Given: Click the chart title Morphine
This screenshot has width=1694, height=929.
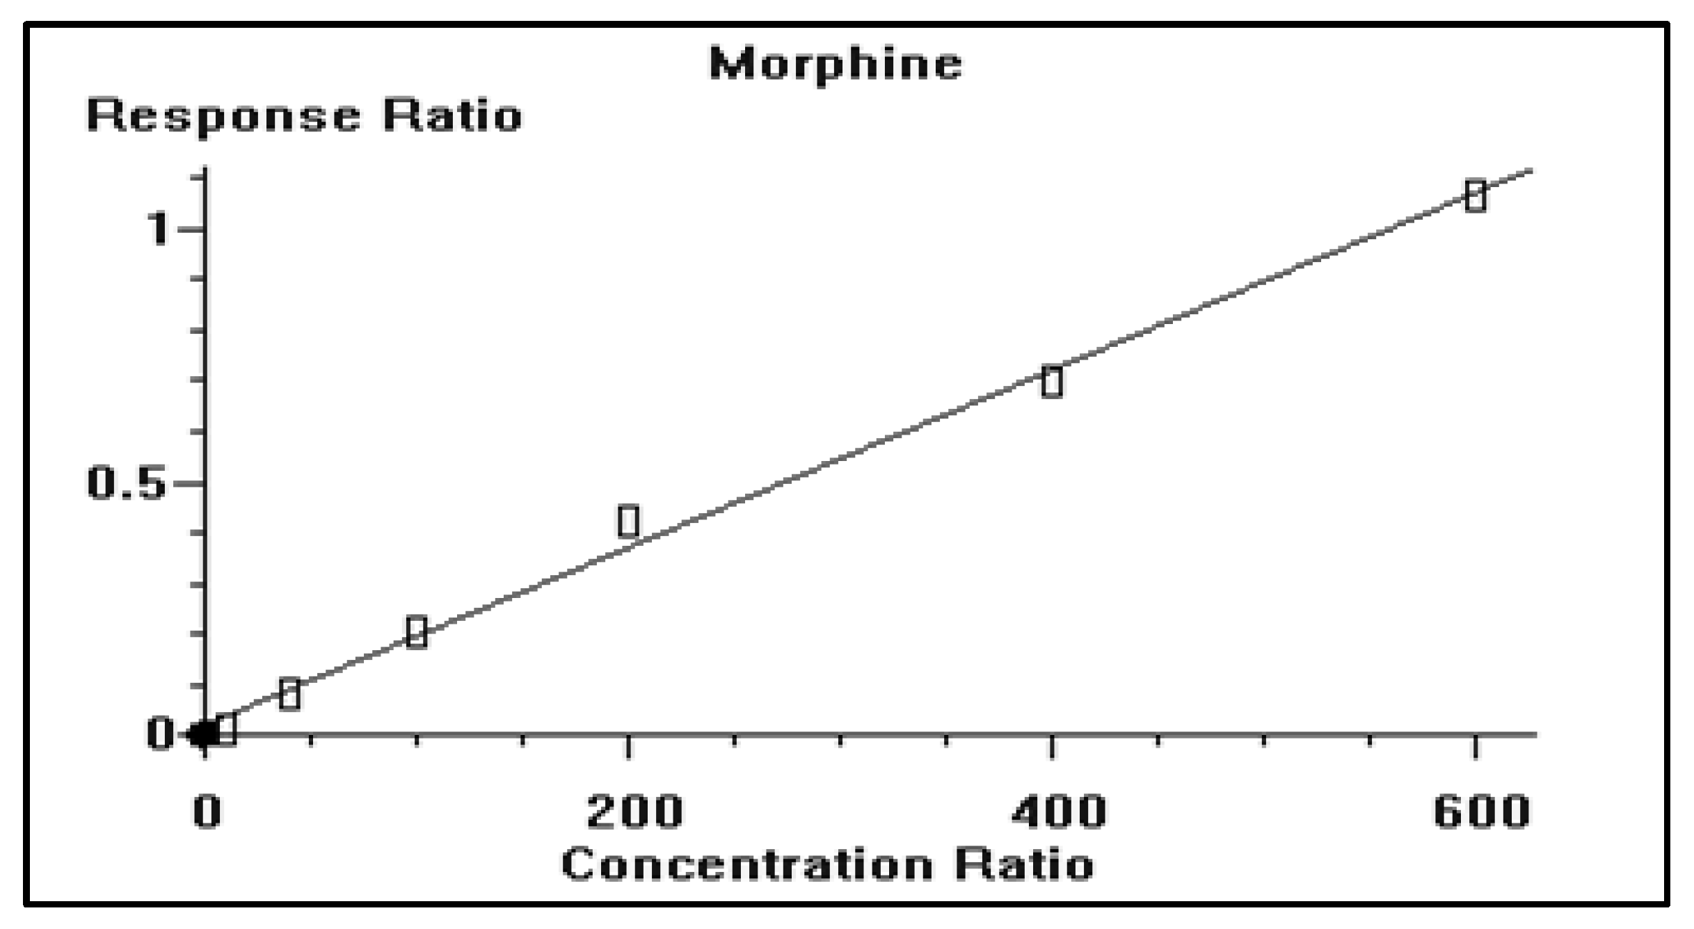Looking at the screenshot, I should coord(836,64).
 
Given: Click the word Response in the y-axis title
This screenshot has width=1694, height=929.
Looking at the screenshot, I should coord(223,115).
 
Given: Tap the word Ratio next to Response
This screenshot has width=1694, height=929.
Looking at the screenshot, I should coord(452,115).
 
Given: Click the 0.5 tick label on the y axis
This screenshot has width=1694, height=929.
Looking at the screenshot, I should coord(127,483).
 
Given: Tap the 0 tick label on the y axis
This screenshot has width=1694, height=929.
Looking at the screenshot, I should coord(161,734).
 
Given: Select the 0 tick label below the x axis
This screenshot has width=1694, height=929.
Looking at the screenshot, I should coord(207,811).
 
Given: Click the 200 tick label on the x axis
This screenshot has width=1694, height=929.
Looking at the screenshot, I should coord(634,811).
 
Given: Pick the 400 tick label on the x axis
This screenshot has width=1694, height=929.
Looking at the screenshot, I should coord(1057,811).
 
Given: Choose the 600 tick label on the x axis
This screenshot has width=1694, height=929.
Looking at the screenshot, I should coord(1482,811).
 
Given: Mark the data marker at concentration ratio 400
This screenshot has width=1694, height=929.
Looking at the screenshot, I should coord(1052,382).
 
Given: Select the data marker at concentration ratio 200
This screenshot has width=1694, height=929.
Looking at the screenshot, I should coord(628,522).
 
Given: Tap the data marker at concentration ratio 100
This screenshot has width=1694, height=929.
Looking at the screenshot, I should coord(416,632).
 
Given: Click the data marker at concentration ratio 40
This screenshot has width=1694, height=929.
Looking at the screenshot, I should coord(289,693).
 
